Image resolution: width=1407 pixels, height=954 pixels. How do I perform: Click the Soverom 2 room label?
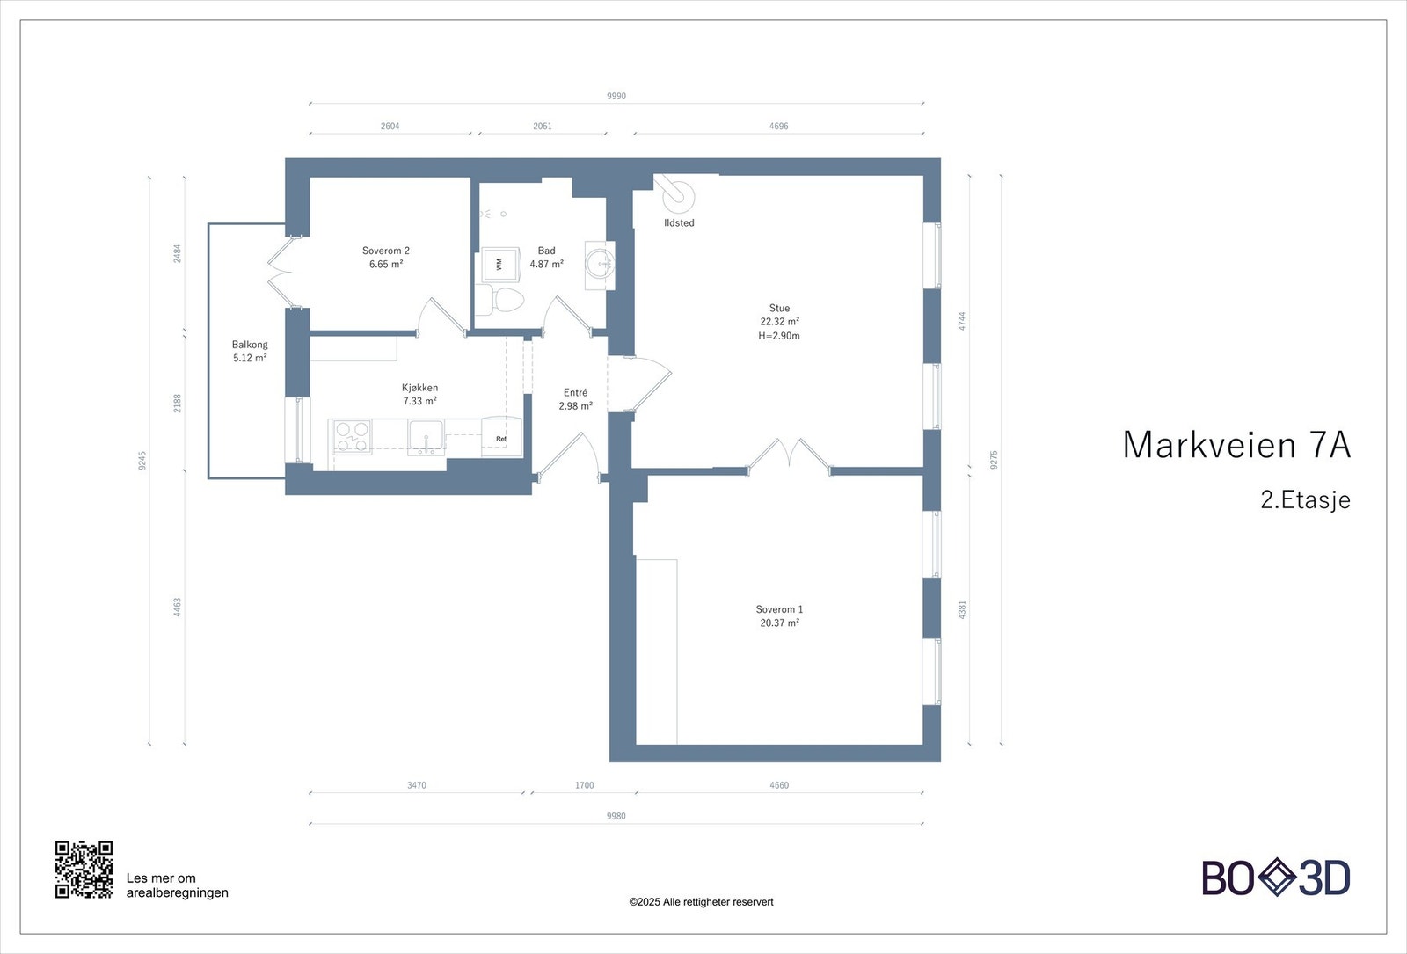tap(385, 251)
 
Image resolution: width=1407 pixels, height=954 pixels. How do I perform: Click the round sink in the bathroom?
tap(601, 263)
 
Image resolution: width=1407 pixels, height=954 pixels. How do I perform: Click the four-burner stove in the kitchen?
tap(352, 437)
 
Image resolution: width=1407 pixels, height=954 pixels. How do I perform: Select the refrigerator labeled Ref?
tap(501, 438)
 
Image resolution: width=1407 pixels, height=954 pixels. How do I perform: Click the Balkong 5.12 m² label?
tap(250, 351)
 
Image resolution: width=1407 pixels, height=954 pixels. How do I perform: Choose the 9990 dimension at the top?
tap(616, 96)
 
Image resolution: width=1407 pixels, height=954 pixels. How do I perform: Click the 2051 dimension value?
tap(543, 126)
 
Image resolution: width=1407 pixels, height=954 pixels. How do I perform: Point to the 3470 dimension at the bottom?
tap(417, 785)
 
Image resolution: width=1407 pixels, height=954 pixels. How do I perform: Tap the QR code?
tap(84, 870)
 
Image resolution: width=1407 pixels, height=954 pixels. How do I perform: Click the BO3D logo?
tap(1276, 878)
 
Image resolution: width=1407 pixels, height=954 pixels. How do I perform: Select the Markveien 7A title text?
tap(1236, 445)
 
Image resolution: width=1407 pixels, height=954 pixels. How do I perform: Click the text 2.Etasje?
tap(1305, 499)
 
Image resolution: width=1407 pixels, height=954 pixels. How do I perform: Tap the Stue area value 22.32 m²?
tap(779, 322)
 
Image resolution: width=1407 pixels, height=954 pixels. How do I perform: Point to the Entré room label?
tap(575, 392)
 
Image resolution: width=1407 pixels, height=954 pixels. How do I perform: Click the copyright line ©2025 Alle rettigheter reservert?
tap(701, 901)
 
